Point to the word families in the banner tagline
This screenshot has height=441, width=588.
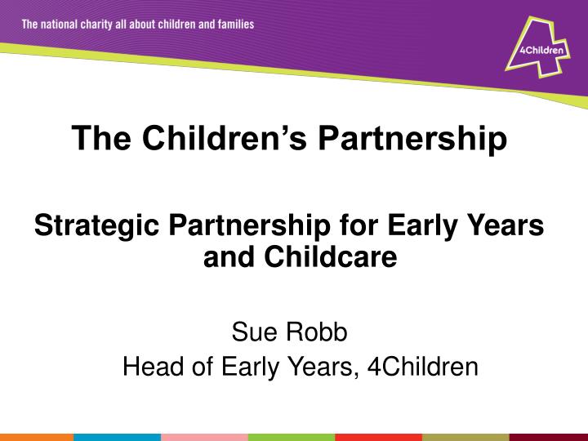234,24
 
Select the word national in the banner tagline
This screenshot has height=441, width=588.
61,24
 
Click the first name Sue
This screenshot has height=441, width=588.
252,332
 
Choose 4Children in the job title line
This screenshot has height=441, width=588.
422,367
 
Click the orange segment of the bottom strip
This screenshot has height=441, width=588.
37,437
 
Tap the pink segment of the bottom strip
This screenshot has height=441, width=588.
204,437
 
